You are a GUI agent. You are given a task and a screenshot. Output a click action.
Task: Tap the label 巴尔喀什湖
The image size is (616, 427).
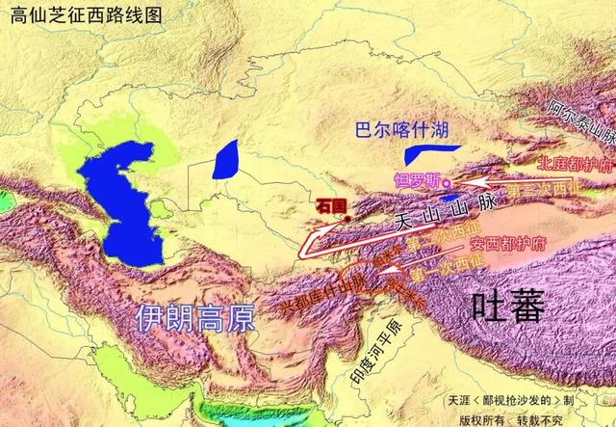pos(401,129)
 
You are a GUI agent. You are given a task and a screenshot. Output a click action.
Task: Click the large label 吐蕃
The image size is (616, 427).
pos(507,307)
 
